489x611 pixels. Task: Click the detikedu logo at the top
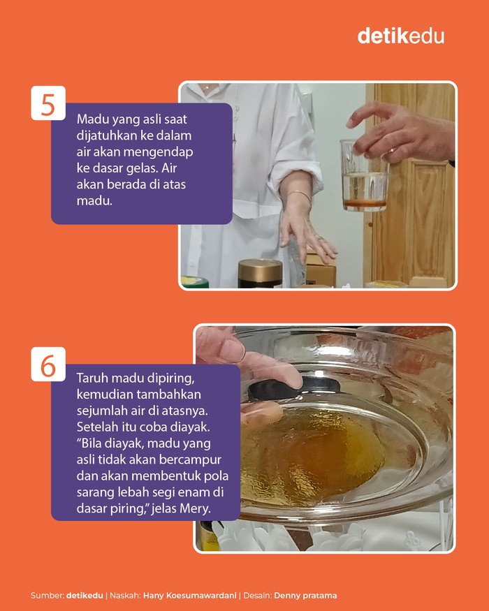[x=401, y=36]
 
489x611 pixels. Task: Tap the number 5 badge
[x=48, y=103]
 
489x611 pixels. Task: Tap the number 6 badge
[x=48, y=364]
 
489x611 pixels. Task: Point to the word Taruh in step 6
[x=93, y=378]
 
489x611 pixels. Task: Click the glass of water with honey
[x=364, y=176]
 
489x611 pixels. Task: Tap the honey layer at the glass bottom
[x=365, y=204]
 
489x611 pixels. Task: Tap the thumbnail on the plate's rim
[x=232, y=351]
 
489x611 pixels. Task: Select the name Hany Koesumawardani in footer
[x=189, y=596]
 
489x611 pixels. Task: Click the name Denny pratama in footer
[x=305, y=596]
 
